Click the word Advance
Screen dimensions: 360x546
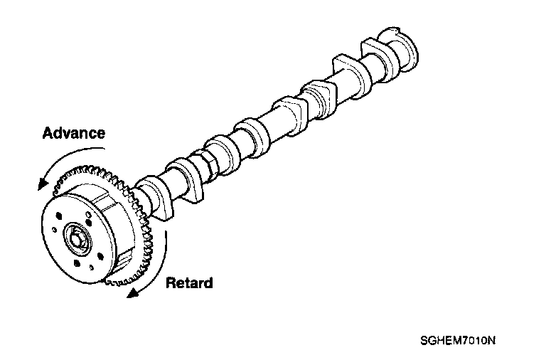coord(74,133)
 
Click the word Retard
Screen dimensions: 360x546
coord(189,283)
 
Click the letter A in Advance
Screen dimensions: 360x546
coord(48,133)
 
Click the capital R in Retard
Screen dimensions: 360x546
coord(171,283)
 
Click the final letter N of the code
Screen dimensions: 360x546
coord(491,339)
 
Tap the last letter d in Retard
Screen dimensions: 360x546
coord(208,283)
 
